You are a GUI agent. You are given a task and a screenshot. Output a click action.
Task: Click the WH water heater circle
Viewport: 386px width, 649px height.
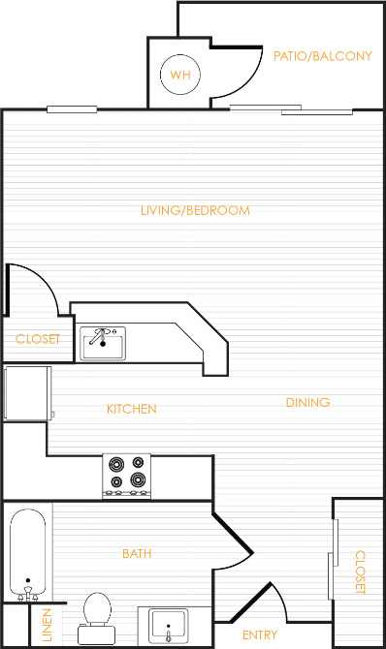tap(179, 75)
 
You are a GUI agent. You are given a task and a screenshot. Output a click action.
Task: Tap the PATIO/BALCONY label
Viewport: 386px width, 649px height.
tap(322, 56)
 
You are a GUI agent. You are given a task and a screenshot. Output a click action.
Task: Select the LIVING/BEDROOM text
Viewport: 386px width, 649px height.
tap(195, 210)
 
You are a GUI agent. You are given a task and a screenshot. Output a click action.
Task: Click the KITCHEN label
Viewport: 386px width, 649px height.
tap(132, 409)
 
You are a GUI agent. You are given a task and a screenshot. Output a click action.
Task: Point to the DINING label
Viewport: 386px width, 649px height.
tap(307, 402)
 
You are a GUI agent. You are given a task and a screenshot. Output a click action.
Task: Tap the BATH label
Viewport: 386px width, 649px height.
tap(137, 554)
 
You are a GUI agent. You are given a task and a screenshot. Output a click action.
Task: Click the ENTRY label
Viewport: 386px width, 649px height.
tap(260, 635)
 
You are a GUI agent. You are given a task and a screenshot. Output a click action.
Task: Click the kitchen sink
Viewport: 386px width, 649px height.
tap(103, 342)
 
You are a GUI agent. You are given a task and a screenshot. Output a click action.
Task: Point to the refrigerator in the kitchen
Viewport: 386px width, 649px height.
tap(26, 393)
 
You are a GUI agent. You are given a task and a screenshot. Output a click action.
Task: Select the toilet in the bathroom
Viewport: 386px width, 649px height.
tap(96, 613)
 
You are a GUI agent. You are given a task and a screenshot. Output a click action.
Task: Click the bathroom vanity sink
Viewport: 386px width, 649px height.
tap(169, 626)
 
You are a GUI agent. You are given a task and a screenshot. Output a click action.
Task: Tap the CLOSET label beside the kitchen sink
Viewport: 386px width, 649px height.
tap(38, 339)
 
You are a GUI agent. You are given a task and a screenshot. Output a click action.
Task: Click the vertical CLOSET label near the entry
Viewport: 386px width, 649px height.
tap(359, 572)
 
